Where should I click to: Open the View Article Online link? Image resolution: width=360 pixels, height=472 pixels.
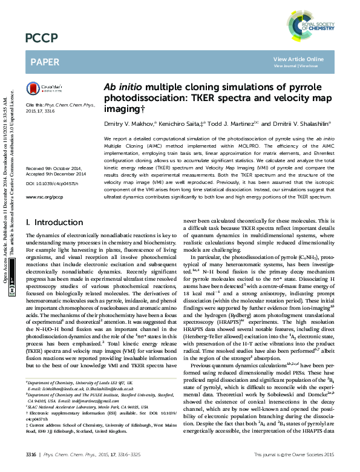point(298,59)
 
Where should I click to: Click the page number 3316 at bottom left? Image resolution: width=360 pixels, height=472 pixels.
point(33,453)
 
